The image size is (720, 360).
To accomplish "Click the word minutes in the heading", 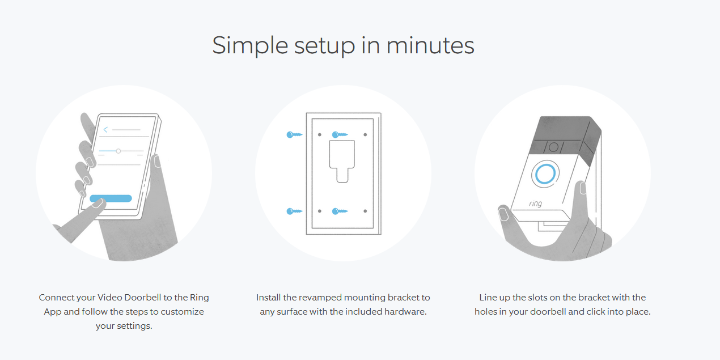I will click(x=430, y=45).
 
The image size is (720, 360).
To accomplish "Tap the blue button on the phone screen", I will click(x=111, y=198).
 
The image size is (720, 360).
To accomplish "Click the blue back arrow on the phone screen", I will click(x=105, y=130).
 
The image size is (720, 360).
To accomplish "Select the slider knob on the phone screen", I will click(x=118, y=151).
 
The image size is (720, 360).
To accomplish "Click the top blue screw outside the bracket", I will click(x=294, y=135).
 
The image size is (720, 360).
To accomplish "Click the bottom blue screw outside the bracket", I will click(x=294, y=211).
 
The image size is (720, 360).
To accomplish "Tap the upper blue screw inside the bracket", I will click(x=340, y=135).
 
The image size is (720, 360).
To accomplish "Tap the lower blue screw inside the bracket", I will click(x=340, y=211).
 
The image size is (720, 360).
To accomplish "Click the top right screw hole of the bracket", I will click(x=365, y=135).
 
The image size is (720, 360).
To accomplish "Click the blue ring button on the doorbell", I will click(x=544, y=175).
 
